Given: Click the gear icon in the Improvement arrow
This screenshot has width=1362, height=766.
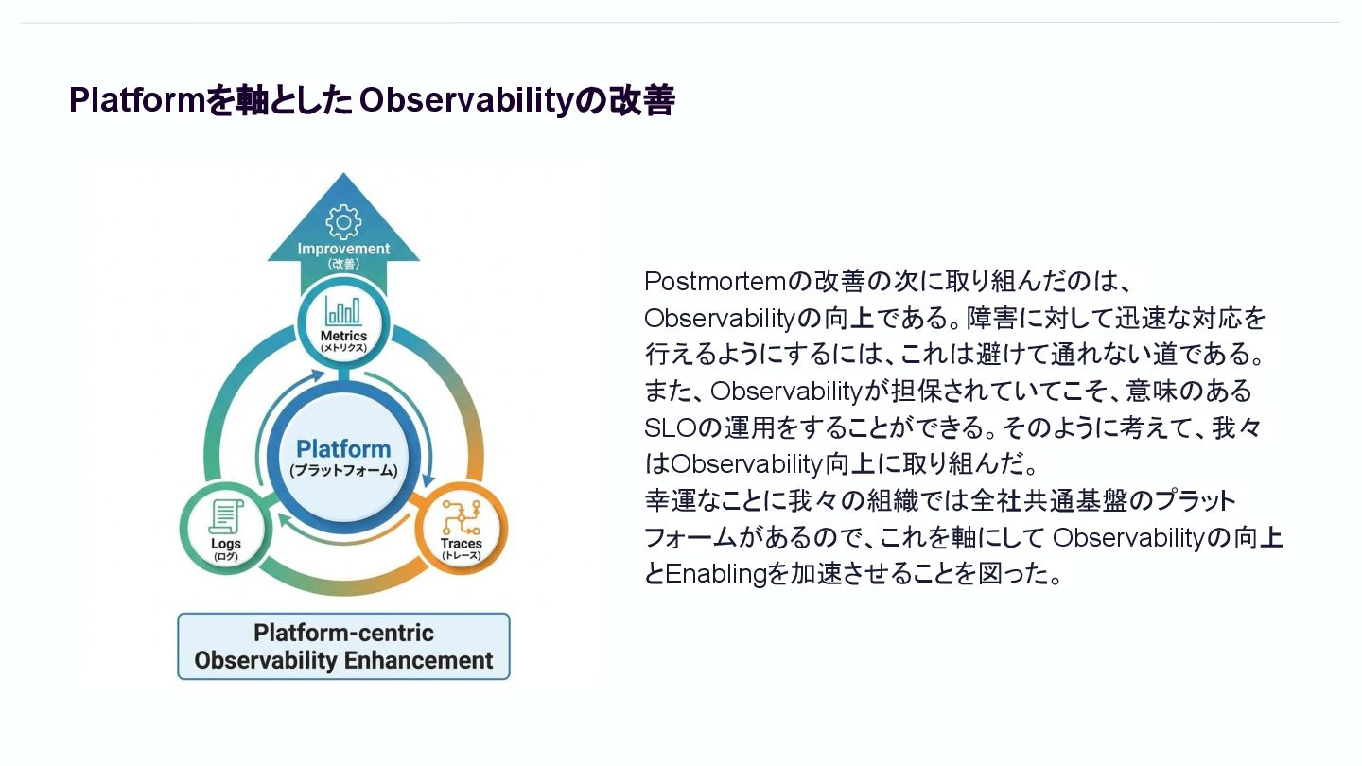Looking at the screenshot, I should pos(342,221).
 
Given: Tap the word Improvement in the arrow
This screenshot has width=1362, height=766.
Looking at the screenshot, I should pos(343,249).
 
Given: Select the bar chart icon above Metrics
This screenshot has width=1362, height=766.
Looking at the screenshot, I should pos(343,311).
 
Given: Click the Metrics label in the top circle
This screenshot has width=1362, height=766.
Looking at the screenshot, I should pos(343,336).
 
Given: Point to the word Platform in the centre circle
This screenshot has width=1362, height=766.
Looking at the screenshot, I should pos(343,449).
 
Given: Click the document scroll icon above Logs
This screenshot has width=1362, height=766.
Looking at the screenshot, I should pos(226,517).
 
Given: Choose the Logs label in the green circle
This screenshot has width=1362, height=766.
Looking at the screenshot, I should pos(226,544).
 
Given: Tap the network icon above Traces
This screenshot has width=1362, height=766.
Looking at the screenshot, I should pos(461,517).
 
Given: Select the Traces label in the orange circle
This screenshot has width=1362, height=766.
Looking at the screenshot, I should pos(461,544).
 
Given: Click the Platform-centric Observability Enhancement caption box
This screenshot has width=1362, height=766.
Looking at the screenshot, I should pos(343,647).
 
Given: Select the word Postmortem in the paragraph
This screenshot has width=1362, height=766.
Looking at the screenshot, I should pos(715,282).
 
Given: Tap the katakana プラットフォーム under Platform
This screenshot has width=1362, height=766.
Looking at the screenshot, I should pos(343,471).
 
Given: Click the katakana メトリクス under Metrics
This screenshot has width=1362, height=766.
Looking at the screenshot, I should pos(343,348).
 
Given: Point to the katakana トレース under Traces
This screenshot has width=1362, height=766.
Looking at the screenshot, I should pos(461,556).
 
